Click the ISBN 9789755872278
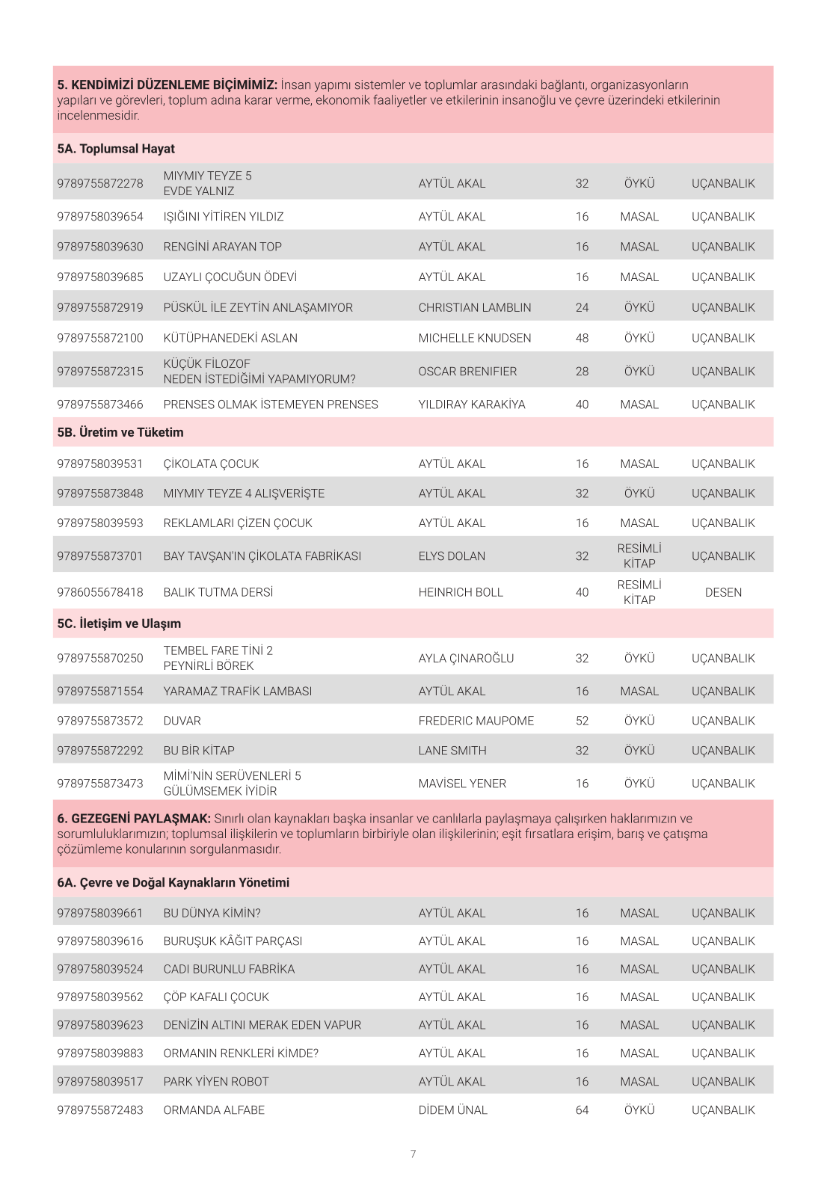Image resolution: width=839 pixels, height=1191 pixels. [100, 183]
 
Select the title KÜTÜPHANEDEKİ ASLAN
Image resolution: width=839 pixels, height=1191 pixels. [230, 338]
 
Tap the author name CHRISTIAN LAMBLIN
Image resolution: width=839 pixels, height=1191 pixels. [475, 307]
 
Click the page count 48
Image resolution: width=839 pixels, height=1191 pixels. [582, 338]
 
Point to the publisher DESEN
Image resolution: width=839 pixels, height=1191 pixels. [723, 592]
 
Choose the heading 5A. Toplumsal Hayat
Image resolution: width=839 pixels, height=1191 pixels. [116, 149]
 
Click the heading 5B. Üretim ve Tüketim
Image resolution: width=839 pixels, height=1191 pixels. [120, 432]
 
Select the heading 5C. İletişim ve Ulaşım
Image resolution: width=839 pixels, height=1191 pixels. [119, 624]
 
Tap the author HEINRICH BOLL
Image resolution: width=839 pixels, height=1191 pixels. [461, 592]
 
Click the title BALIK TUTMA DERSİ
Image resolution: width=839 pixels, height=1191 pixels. [218, 592]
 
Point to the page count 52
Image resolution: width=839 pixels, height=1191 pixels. [582, 721]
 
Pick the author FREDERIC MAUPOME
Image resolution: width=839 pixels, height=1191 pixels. [476, 721]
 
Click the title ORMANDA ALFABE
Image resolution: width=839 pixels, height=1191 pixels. [214, 1110]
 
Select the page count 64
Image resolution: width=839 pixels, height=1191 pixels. [582, 1110]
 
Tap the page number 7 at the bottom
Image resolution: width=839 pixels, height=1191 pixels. [413, 1154]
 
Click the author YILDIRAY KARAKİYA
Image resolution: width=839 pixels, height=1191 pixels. [472, 404]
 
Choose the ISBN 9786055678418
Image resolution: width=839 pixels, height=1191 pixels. [100, 592]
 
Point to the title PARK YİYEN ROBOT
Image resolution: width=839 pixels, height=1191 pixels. [216, 1082]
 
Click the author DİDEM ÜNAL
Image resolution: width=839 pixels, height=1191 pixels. [453, 1110]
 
